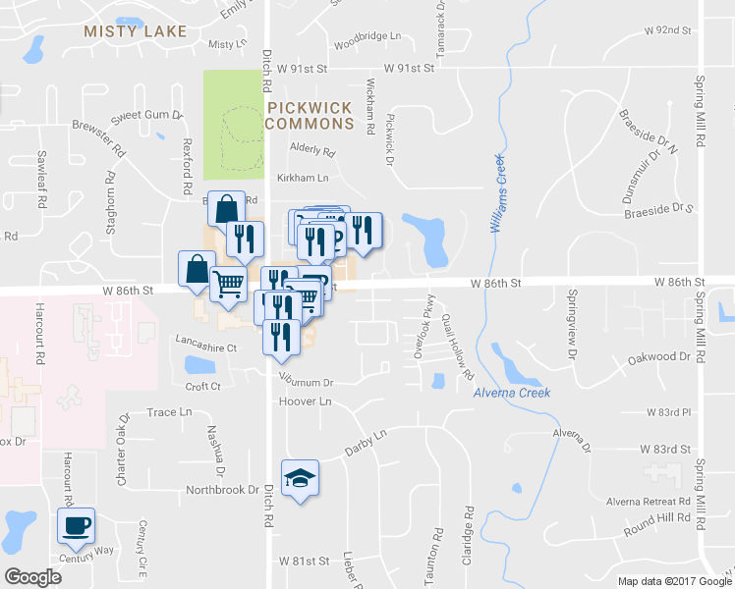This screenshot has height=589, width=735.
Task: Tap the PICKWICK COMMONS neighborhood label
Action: coord(309,116)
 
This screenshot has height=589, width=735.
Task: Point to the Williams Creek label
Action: coord(497,192)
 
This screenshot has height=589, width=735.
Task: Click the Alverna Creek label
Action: coord(511,393)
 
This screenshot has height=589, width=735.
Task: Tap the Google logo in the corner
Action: coord(32,577)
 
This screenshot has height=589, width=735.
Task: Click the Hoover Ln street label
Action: coord(305,402)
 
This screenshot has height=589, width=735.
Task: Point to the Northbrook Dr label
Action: coord(222,489)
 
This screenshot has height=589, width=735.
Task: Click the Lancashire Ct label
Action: coord(205,348)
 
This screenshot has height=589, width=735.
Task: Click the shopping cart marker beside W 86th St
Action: coord(228,284)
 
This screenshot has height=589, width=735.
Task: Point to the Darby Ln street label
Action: coord(367,442)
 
